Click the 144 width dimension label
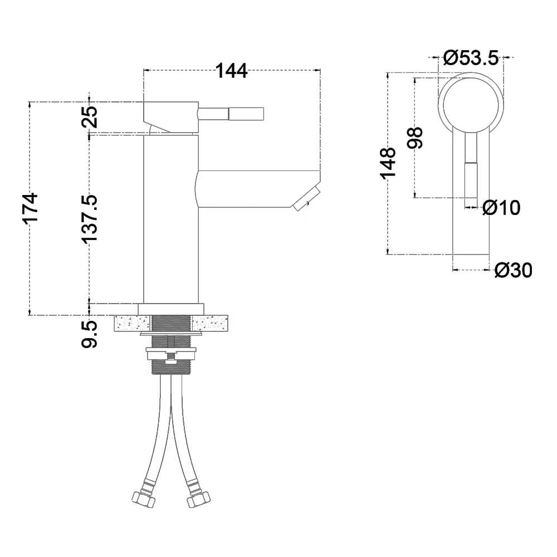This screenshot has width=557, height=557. [x=231, y=71]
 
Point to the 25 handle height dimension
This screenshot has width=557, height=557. [x=89, y=117]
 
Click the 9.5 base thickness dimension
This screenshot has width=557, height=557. [x=89, y=334]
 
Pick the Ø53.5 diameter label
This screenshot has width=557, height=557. [x=471, y=58]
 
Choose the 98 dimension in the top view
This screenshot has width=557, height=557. [x=415, y=138]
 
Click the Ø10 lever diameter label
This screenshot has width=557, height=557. [x=502, y=207]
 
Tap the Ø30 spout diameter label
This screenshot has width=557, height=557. [x=514, y=271]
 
